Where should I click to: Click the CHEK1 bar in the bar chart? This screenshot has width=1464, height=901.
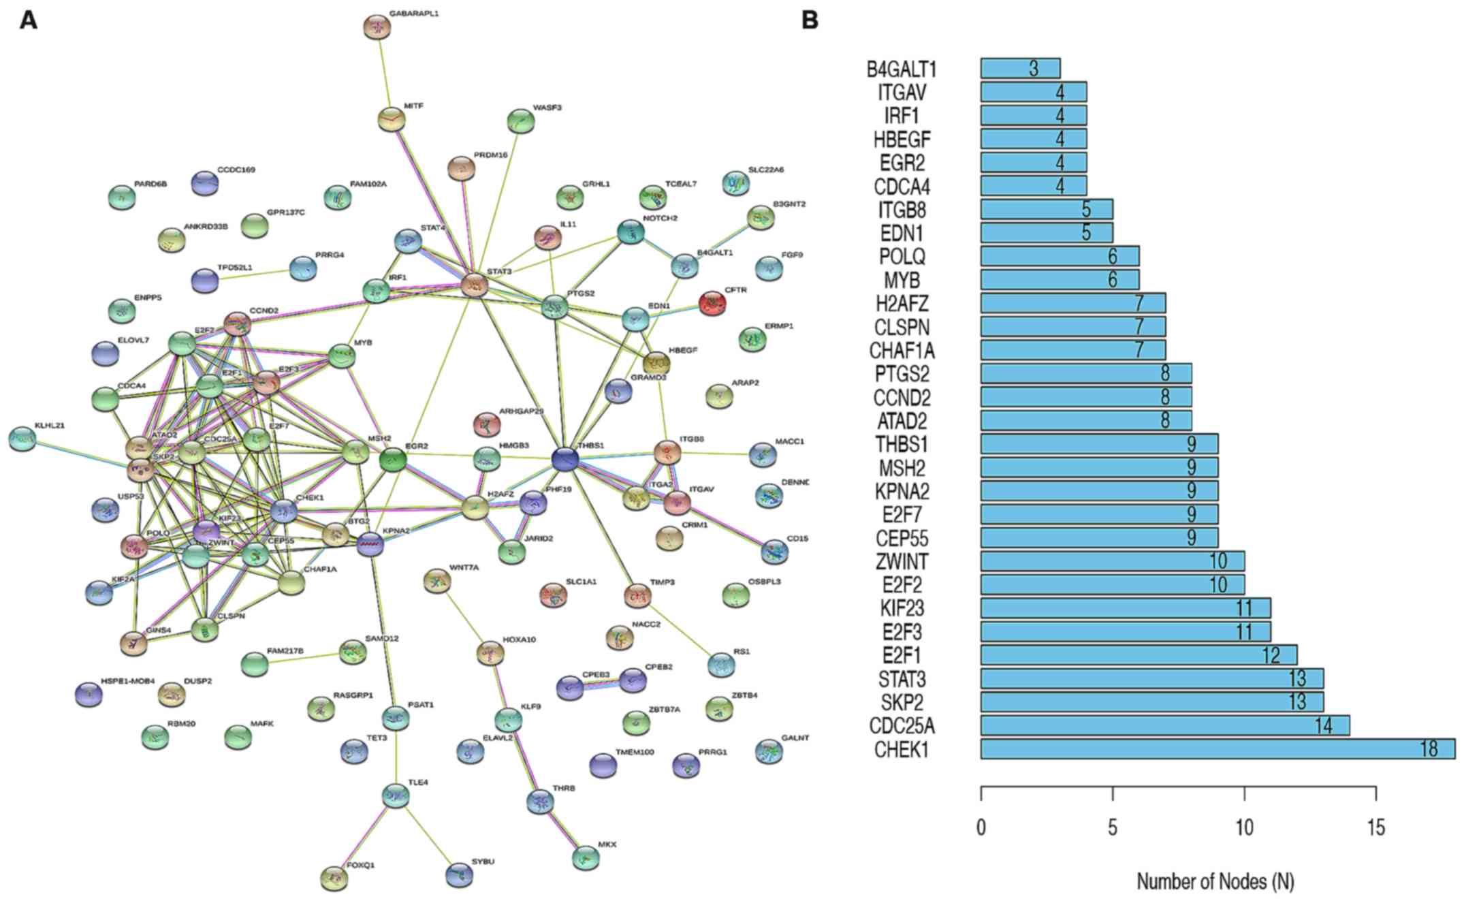(1217, 749)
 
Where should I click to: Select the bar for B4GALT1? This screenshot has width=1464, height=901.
(1020, 68)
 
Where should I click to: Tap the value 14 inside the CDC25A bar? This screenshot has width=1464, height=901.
(1322, 726)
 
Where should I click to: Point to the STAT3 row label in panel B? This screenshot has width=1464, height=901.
(902, 679)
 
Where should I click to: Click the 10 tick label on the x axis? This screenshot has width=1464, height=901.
(1244, 827)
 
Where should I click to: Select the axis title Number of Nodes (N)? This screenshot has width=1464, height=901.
(1215, 882)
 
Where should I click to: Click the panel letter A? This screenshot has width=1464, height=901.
(29, 20)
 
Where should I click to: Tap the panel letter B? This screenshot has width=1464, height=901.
(810, 20)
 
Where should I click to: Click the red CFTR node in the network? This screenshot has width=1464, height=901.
(712, 302)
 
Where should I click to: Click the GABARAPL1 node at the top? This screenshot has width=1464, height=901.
(377, 27)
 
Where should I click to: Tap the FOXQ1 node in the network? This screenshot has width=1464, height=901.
(334, 877)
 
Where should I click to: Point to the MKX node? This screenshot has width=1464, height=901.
(586, 857)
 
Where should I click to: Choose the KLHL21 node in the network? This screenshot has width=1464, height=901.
(22, 439)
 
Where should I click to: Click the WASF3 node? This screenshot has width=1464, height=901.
(521, 121)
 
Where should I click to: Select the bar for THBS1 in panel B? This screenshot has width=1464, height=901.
(1099, 444)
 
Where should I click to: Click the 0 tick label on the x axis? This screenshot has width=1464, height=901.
(981, 827)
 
